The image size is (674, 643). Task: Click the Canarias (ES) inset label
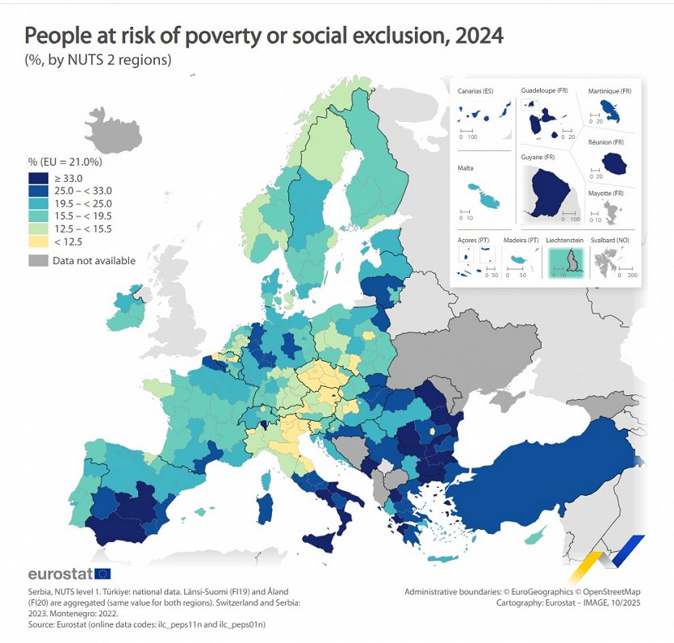point(475,91)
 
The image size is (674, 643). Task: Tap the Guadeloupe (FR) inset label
point(544,90)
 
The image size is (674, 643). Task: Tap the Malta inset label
point(465,169)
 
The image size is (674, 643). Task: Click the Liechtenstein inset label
point(565,240)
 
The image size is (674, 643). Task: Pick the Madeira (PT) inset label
point(521,240)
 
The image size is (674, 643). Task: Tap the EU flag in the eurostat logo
point(103,574)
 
